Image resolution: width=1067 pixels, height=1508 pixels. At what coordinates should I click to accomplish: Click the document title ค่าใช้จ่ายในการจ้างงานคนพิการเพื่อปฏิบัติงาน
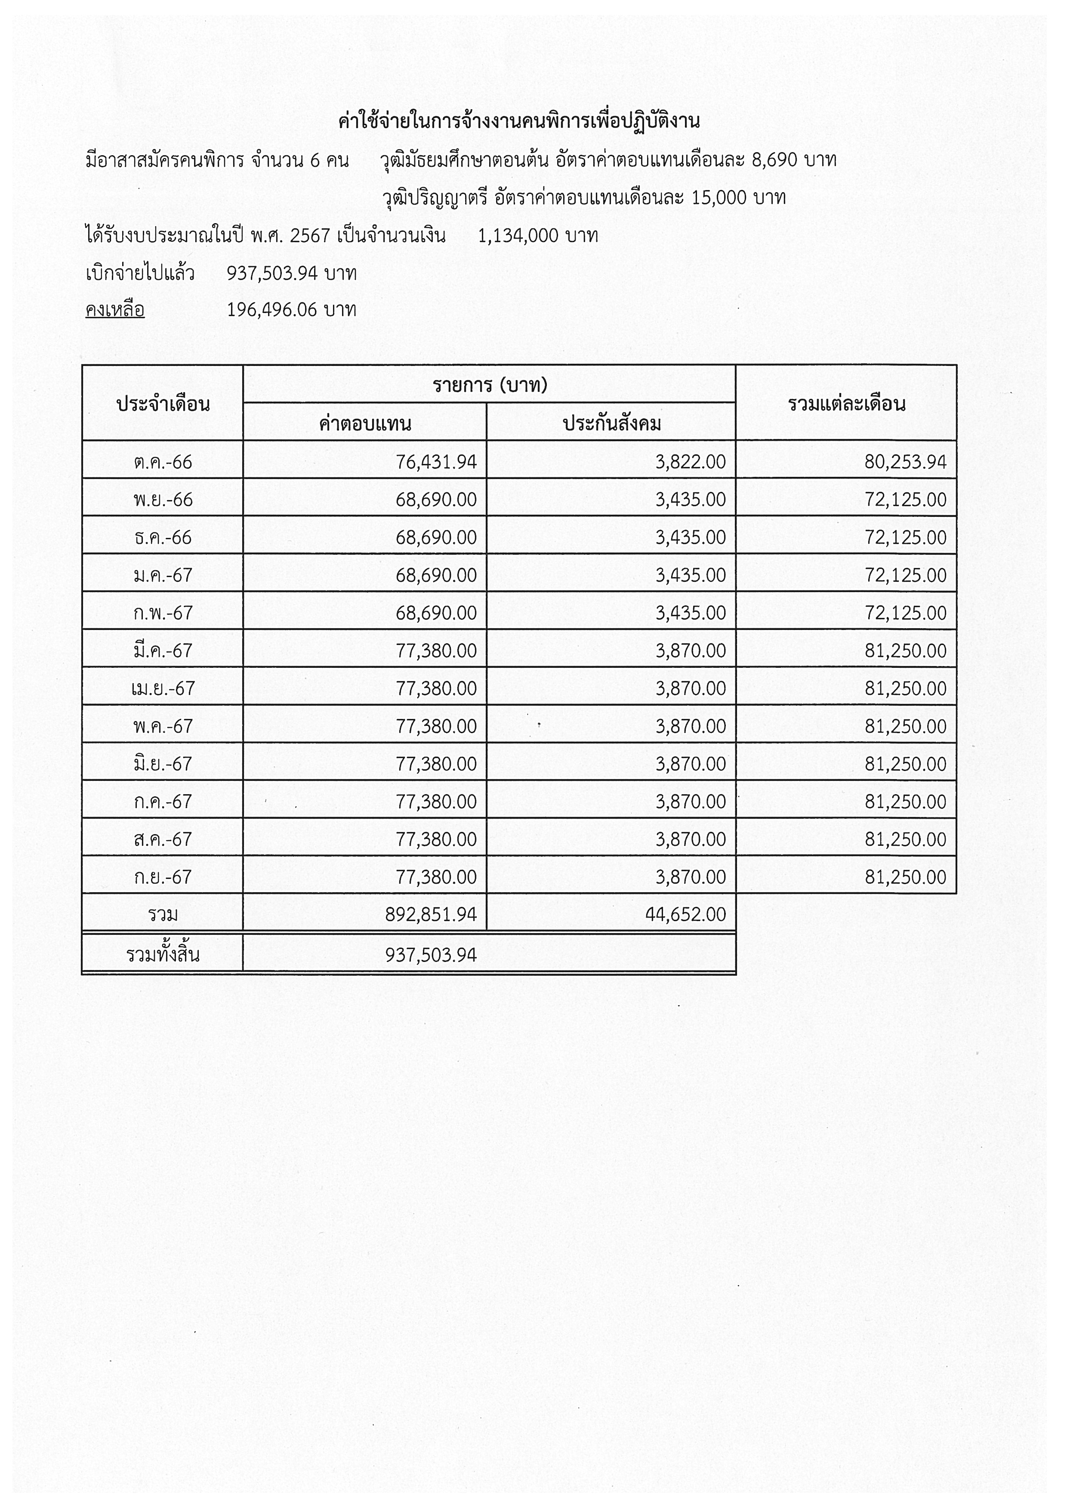(x=518, y=121)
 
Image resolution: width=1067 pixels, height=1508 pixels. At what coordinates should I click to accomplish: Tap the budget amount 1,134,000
(x=518, y=235)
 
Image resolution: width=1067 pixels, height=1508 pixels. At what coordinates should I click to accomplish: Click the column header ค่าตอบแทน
(x=365, y=423)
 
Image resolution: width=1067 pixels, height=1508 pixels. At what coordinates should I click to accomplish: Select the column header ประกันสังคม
(x=611, y=423)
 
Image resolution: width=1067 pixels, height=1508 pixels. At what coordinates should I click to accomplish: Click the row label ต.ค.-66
(x=163, y=462)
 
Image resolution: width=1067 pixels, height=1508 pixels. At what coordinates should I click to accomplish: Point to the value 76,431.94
(x=435, y=462)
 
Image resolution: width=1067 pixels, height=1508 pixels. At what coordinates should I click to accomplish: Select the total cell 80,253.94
(x=905, y=462)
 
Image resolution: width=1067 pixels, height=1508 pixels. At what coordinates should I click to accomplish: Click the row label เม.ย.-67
(x=163, y=688)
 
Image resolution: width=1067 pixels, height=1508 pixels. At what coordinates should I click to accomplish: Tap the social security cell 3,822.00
(x=690, y=462)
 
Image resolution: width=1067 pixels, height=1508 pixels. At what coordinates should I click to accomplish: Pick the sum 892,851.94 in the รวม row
(x=430, y=914)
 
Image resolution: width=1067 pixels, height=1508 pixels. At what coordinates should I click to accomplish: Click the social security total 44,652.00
(x=685, y=914)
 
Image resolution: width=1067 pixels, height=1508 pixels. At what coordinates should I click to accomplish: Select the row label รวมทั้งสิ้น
(x=163, y=954)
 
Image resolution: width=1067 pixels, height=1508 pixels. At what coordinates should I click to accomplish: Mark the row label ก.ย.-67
(x=163, y=877)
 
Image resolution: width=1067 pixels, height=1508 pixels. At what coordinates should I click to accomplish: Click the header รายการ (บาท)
(x=490, y=385)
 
